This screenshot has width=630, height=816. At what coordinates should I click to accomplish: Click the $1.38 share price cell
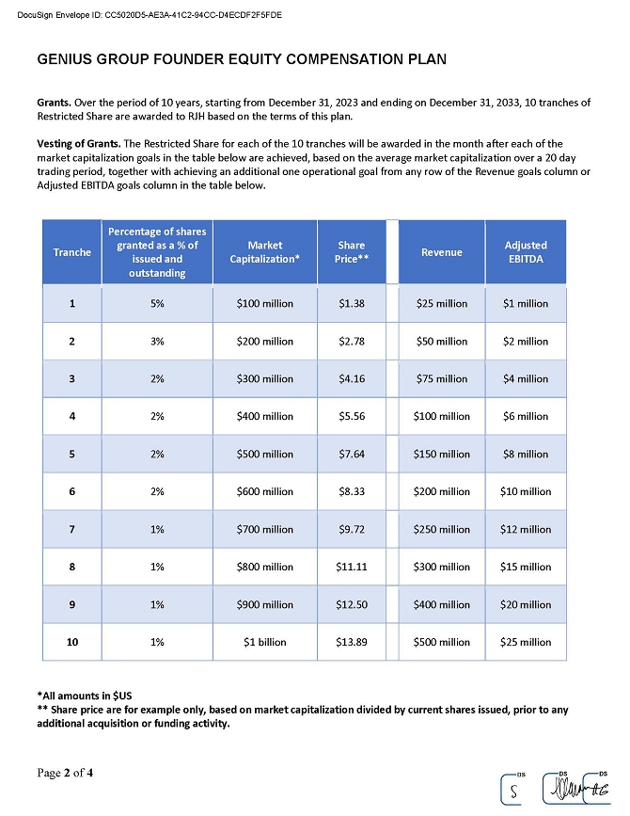[351, 304]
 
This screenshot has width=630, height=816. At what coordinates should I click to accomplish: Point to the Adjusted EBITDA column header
[526, 251]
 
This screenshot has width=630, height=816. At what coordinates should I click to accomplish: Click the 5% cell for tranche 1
[157, 304]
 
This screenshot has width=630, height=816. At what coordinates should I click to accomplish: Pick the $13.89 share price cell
[351, 642]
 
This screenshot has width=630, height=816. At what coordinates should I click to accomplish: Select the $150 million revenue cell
[441, 454]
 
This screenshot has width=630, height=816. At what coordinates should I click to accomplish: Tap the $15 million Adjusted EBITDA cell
[526, 567]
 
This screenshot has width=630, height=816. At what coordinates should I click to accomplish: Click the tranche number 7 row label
[72, 529]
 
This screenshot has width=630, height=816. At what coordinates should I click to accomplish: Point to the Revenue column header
[441, 251]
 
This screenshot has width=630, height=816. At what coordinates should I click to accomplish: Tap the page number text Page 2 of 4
[65, 774]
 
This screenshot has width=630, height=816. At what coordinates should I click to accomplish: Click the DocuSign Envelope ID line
[156, 14]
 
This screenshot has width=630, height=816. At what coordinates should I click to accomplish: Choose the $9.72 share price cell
[351, 529]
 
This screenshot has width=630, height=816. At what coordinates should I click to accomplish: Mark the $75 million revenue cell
[441, 378]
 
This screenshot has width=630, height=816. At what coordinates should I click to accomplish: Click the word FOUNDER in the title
[179, 59]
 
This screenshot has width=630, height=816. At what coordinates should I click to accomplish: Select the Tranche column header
[72, 251]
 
